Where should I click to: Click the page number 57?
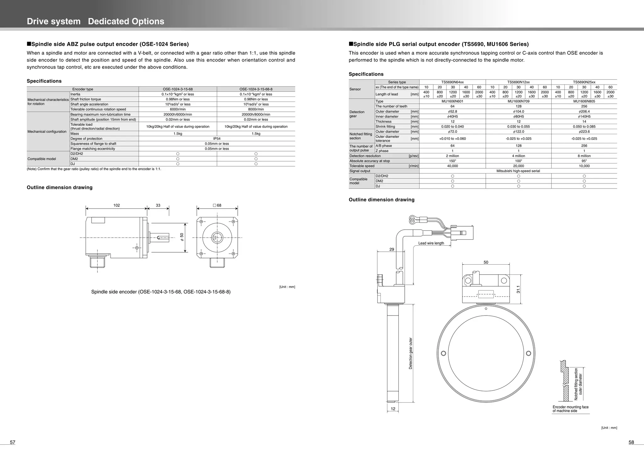tap(13, 442)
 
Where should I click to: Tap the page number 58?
tap(631, 442)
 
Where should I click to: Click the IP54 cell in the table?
tap(217, 139)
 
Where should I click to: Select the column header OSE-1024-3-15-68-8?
tap(256, 89)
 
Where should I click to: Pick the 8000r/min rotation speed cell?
tap(256, 109)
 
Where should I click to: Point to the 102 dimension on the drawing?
tap(116, 206)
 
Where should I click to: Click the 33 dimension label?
tap(158, 206)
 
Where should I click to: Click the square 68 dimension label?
tap(217, 206)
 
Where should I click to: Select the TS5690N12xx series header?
tap(518, 82)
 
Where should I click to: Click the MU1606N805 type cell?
tap(584, 101)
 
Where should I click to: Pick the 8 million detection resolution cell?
tap(584, 156)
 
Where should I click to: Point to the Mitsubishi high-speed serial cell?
tap(518, 171)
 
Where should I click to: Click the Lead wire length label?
tap(431, 243)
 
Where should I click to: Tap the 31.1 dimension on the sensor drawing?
tap(518, 289)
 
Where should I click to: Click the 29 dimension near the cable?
tap(391, 249)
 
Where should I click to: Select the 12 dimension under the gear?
tap(393, 409)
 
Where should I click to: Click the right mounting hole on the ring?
tap(528, 353)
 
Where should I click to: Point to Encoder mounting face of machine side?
tap(570, 409)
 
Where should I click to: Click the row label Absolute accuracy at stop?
tap(369, 161)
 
